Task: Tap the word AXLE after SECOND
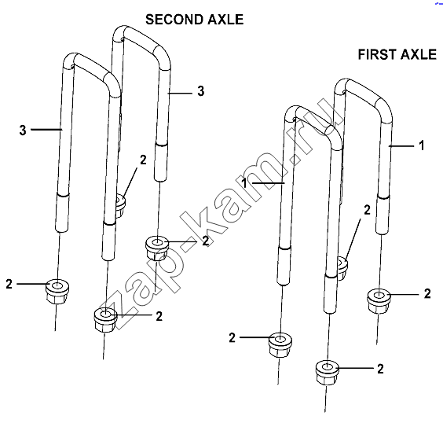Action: (x=225, y=20)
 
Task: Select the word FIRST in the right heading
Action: (x=374, y=54)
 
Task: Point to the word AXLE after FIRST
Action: (x=419, y=54)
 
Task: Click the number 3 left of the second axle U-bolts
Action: (x=23, y=131)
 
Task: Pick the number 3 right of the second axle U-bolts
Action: (x=200, y=91)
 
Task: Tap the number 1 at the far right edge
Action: (x=422, y=145)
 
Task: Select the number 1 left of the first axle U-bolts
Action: (x=245, y=183)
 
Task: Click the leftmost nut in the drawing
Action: (x=57, y=291)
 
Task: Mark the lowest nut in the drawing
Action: (x=328, y=373)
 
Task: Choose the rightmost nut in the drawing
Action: (x=379, y=300)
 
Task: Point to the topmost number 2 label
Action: (x=143, y=160)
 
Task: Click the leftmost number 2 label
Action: (x=9, y=284)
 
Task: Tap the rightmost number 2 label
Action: (x=427, y=294)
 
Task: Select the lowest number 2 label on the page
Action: (x=381, y=369)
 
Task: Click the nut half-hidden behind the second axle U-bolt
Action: (x=121, y=205)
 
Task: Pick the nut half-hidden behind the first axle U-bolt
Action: (x=342, y=268)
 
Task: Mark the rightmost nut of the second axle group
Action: (x=157, y=248)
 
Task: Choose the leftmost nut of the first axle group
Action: (x=280, y=344)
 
